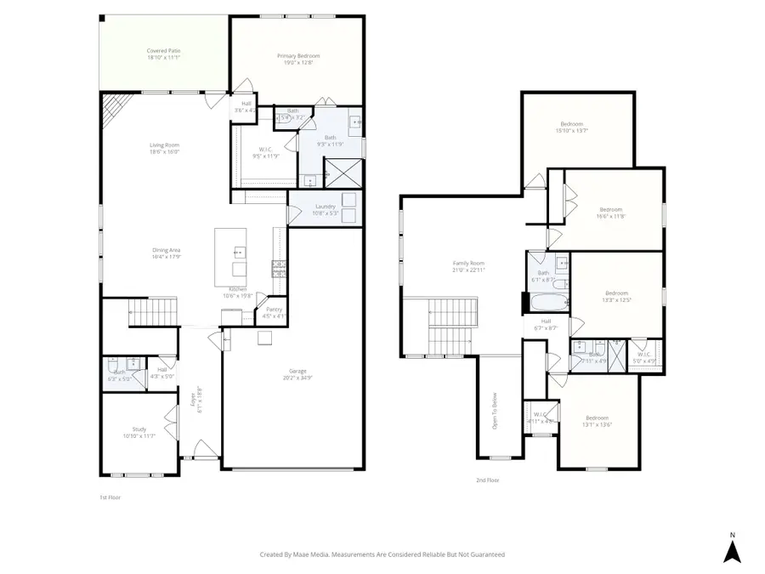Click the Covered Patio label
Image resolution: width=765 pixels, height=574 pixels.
click(163, 51)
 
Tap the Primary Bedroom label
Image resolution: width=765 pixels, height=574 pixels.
click(298, 56)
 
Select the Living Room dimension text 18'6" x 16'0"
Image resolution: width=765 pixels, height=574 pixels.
click(165, 152)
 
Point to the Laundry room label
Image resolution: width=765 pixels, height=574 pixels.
click(326, 206)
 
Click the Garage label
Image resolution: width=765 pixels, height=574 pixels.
click(297, 371)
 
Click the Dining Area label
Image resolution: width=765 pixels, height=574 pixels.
click(166, 249)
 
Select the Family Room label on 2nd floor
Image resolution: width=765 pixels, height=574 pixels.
click(467, 264)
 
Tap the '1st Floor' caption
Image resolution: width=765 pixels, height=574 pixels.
click(110, 497)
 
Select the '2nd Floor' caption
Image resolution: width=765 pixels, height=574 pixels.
click(487, 480)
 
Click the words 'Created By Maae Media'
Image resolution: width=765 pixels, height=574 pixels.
click(293, 554)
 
